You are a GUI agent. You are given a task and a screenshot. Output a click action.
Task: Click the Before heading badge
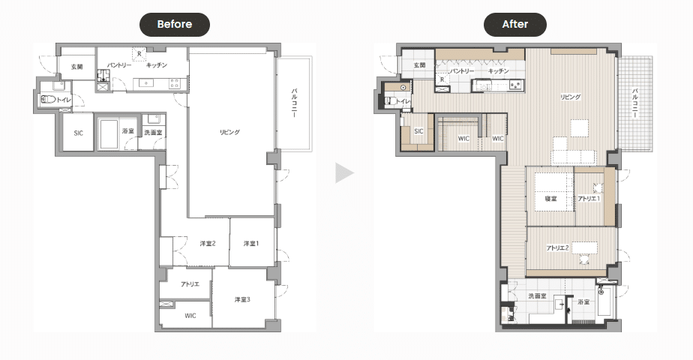click(x=175, y=24)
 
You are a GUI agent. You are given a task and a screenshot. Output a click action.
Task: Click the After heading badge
click(x=515, y=24)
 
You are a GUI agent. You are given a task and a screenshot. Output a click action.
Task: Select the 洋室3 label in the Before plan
click(x=242, y=299)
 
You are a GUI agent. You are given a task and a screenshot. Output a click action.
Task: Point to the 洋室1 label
click(x=251, y=244)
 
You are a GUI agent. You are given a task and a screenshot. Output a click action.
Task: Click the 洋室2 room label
click(x=207, y=244)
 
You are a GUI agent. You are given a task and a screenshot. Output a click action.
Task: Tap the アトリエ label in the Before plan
click(x=190, y=284)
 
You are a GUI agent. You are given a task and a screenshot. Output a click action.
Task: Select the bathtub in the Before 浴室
click(x=108, y=133)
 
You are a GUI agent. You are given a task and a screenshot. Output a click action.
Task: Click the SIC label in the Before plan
click(x=78, y=133)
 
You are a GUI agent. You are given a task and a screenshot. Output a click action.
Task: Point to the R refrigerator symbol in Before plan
click(x=139, y=54)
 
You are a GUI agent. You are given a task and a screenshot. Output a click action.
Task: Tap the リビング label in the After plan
click(x=570, y=97)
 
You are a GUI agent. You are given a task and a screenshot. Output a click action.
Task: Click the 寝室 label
click(x=550, y=199)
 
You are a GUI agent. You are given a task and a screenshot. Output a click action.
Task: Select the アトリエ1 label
click(x=589, y=199)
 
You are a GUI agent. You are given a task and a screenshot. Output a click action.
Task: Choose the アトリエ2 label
click(x=557, y=247)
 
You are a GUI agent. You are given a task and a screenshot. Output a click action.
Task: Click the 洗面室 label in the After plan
click(x=538, y=296)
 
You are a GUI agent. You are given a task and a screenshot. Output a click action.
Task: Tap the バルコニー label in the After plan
click(x=635, y=103)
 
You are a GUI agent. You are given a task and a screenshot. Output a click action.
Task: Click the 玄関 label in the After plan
click(x=419, y=65)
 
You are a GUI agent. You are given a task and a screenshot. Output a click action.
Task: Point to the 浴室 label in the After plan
click(x=583, y=302)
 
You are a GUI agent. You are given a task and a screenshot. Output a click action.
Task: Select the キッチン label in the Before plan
click(x=157, y=65)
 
